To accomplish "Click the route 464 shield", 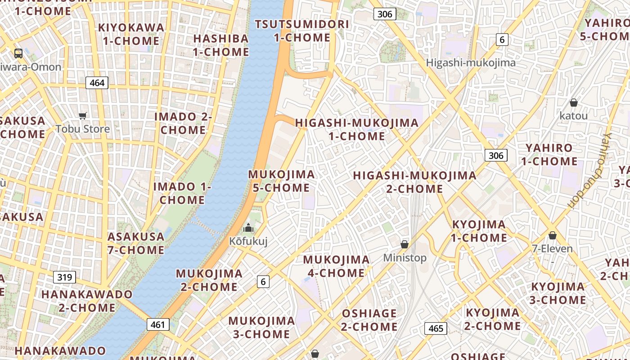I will tap(97, 83).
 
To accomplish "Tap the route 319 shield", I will tap(64, 277).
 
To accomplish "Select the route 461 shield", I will tap(158, 324).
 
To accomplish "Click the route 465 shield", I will tap(436, 328).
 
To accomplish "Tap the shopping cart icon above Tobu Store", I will tap(82, 116).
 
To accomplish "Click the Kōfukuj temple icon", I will tap(248, 228).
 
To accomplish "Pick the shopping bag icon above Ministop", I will tap(405, 244).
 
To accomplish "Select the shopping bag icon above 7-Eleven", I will tap(553, 235).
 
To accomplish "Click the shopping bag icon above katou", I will tap(574, 103).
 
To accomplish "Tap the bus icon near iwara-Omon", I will tap(18, 54).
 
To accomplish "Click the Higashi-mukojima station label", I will tap(471, 63).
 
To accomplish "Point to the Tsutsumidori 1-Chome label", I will tap(302, 31).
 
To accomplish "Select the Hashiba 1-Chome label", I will tap(221, 45).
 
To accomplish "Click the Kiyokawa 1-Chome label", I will tap(131, 34).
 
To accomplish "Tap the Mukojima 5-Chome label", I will tap(281, 181).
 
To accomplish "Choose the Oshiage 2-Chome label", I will tap(369, 320).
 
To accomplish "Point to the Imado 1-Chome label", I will tap(182, 193).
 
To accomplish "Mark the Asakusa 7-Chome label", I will tap(136, 243).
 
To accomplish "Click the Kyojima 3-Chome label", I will tap(558, 293).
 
